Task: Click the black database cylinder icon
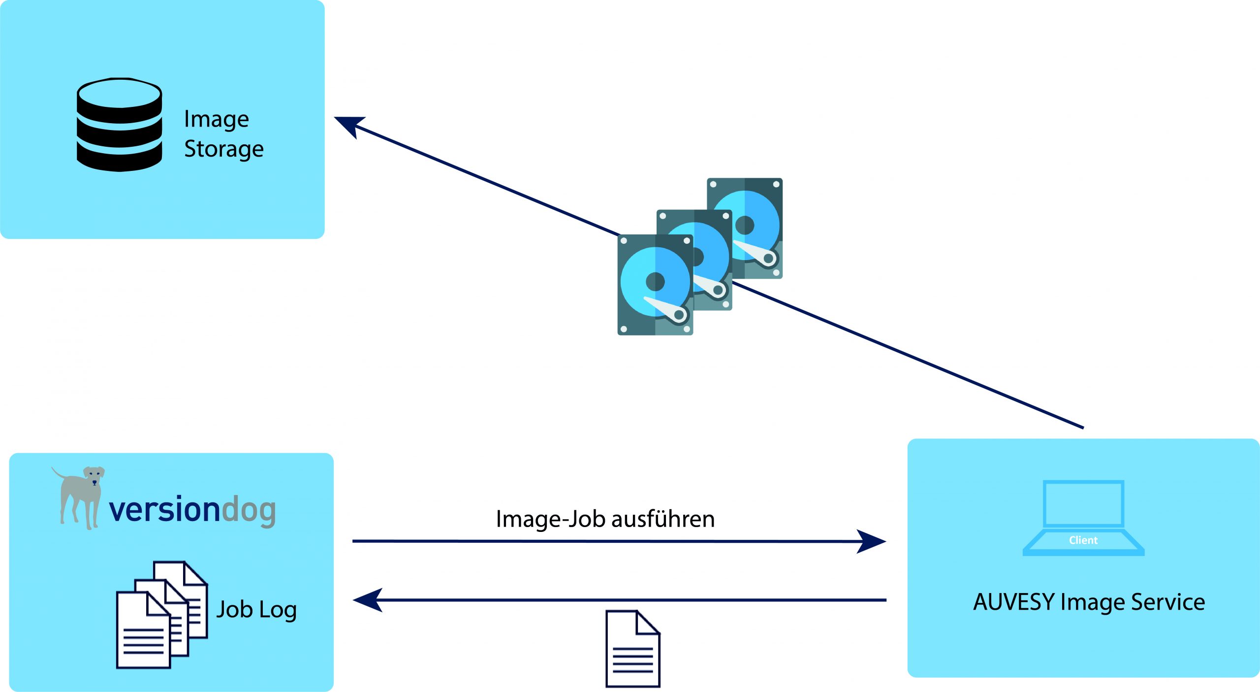pos(119,125)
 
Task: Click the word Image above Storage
pos(216,119)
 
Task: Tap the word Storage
pos(223,149)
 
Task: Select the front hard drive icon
pos(655,285)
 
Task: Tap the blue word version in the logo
pos(164,510)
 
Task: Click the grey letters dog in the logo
pos(249,511)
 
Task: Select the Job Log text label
pos(256,610)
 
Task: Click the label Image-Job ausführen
pos(605,519)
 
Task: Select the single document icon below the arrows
pos(632,649)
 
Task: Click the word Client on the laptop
pos(1083,540)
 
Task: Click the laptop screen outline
pos(1083,503)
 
